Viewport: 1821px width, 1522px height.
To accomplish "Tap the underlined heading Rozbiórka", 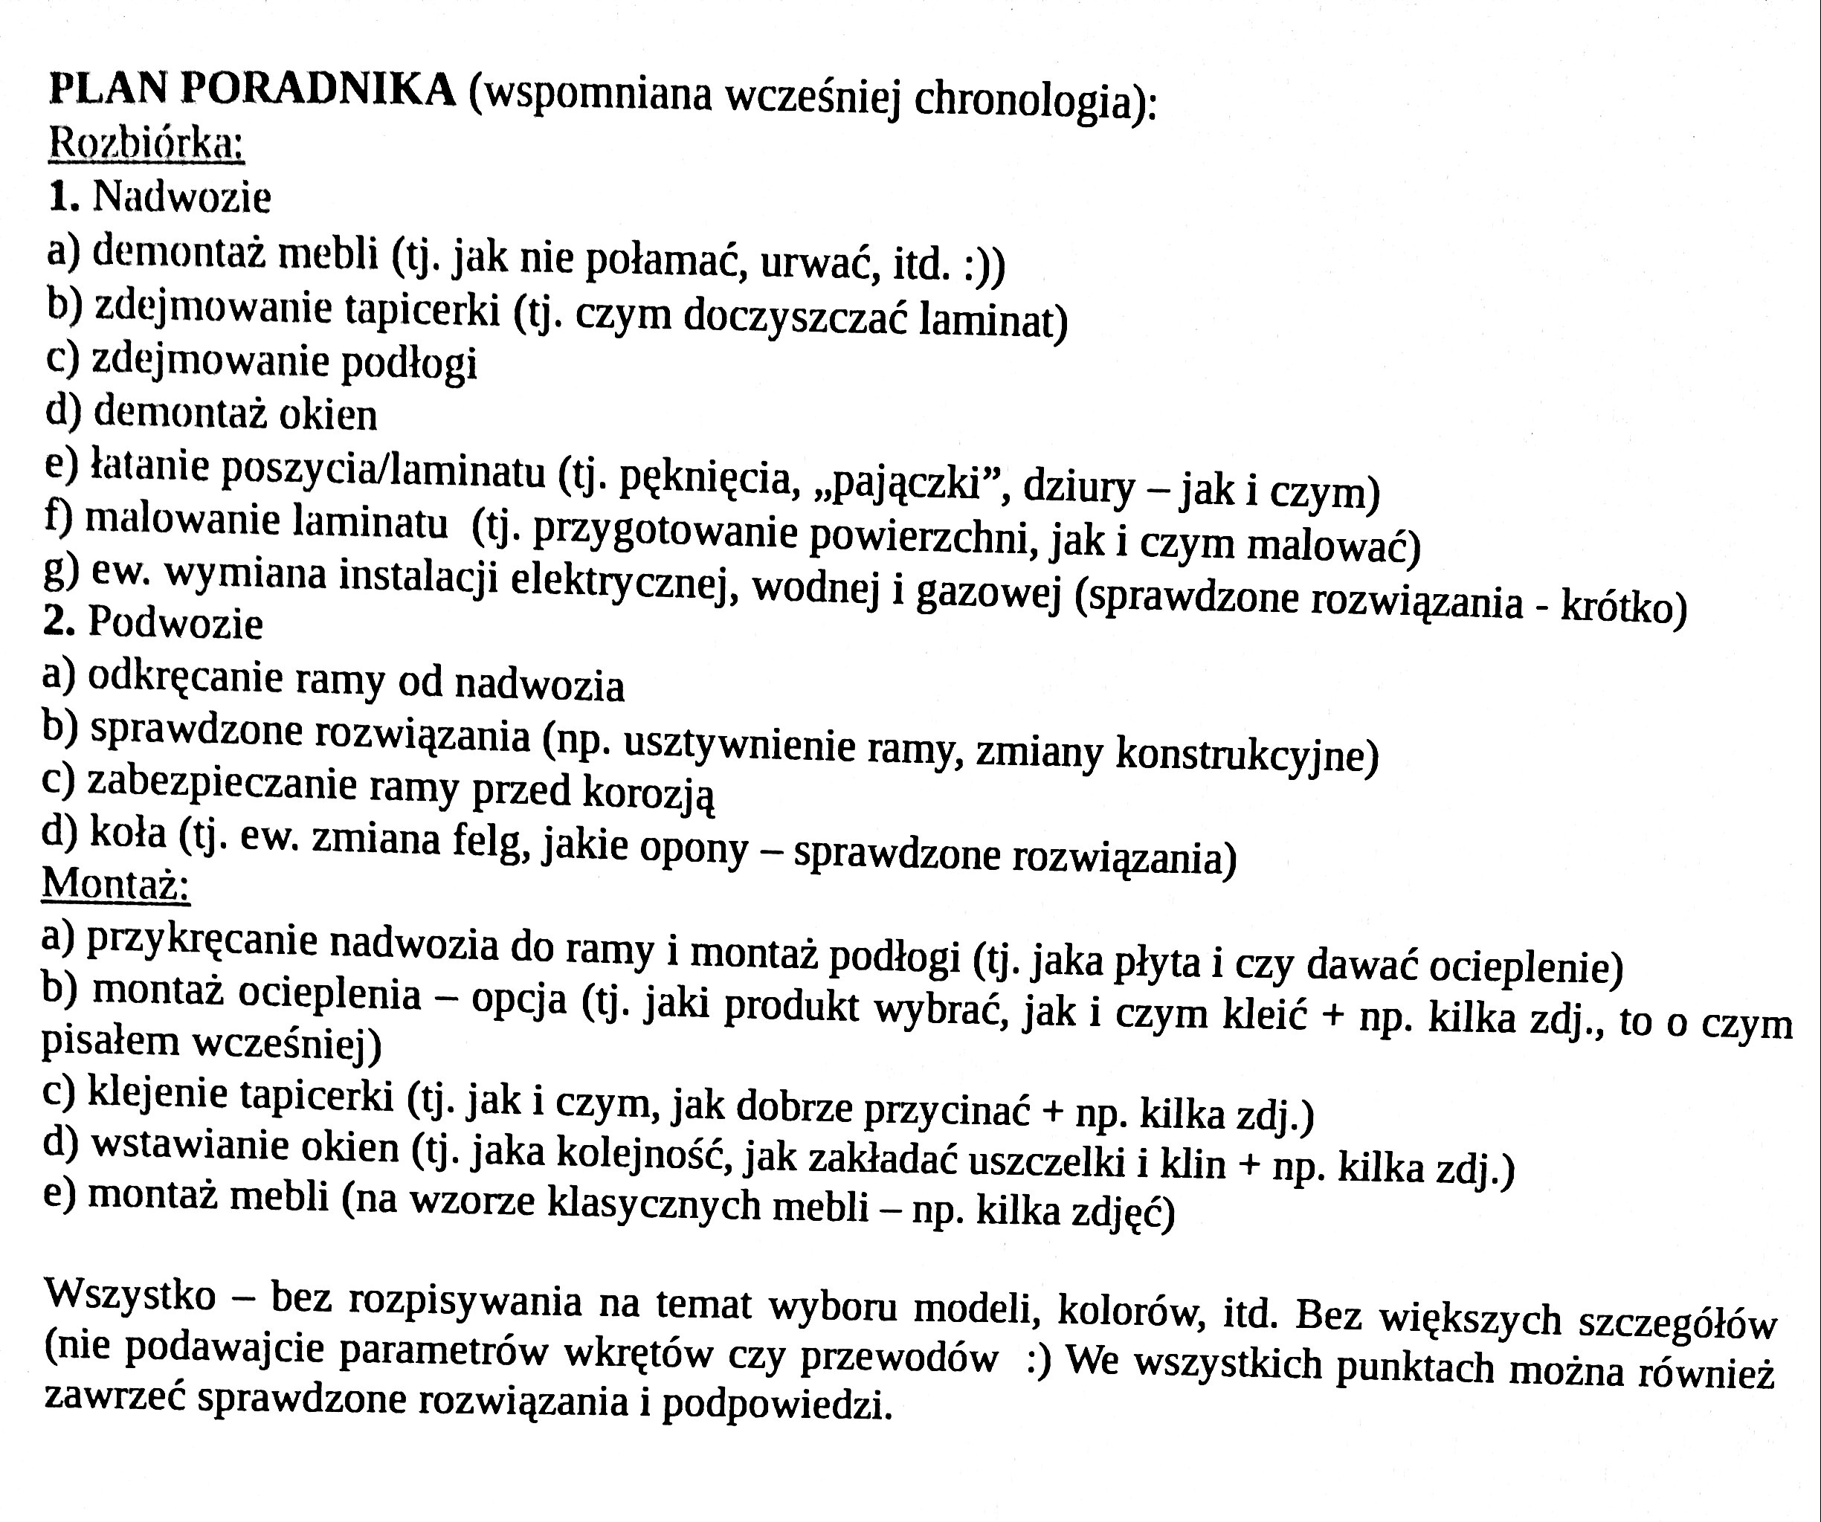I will tap(146, 142).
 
